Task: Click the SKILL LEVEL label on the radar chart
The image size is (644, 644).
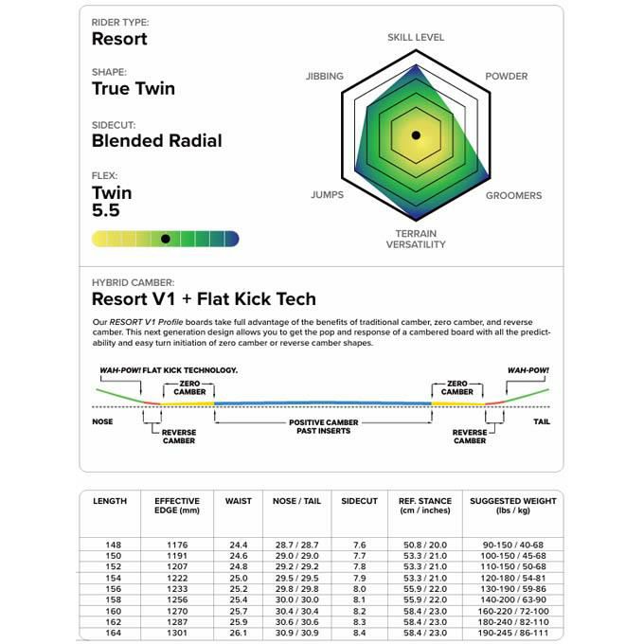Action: [x=415, y=38]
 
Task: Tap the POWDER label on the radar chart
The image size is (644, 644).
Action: [x=506, y=76]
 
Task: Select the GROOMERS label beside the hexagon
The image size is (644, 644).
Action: [x=513, y=195]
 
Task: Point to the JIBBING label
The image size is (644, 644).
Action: [x=325, y=76]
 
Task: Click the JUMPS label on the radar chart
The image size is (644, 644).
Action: [x=328, y=195]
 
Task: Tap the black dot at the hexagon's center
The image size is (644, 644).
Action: [x=416, y=135]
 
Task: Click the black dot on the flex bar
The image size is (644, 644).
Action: [x=166, y=239]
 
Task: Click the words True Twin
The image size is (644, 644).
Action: [x=133, y=89]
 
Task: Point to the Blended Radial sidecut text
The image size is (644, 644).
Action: [x=156, y=141]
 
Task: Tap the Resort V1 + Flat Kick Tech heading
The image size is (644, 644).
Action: [x=203, y=299]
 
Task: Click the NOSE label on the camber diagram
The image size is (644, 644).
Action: [x=102, y=421]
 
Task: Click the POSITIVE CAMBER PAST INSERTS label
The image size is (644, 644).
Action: [x=323, y=426]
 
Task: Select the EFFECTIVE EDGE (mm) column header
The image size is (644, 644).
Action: [x=176, y=506]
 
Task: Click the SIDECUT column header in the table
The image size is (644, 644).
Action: [x=360, y=501]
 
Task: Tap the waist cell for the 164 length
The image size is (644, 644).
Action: [x=239, y=633]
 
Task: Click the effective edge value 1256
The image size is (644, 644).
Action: [x=176, y=599]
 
